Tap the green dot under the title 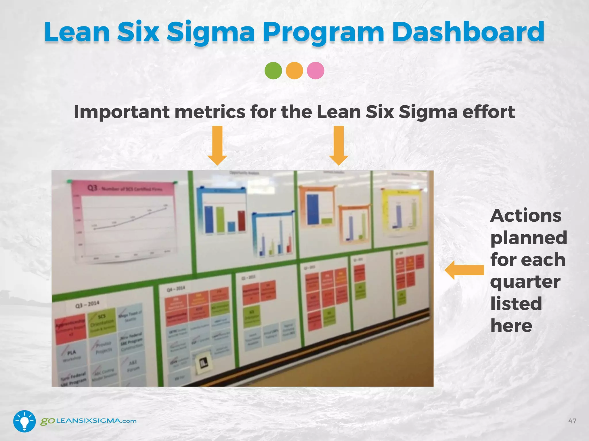pos(273,71)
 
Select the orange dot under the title pos(294,71)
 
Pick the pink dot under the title pos(315,71)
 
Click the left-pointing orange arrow pos(464,270)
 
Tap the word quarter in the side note pos(525,282)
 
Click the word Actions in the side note pos(526,216)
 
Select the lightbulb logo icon pos(24,421)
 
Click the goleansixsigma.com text pos(88,421)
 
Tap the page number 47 pos(572,421)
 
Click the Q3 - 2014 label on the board pos(87,304)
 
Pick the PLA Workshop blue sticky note pos(72,355)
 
